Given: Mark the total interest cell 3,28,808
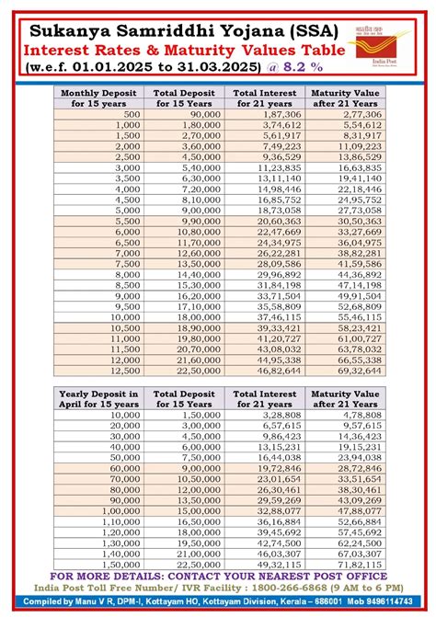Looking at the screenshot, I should (x=269, y=415).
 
